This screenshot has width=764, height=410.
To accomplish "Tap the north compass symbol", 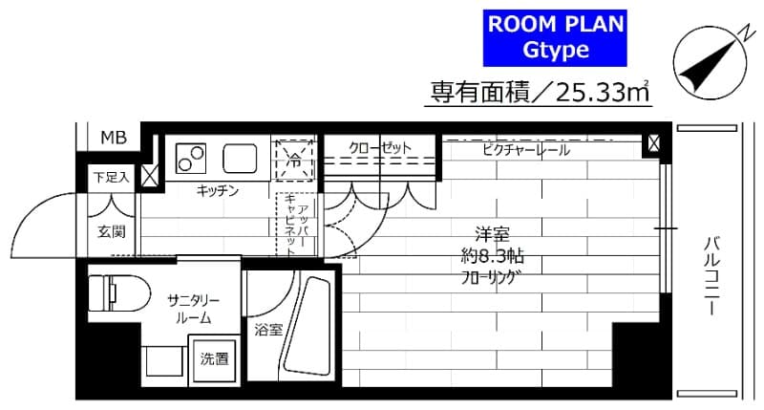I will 709,57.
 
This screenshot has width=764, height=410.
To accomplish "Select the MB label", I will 114,139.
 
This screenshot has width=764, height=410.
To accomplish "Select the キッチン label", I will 218,191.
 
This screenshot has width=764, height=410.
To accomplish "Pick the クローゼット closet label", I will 379,148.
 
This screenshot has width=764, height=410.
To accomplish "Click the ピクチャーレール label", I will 525,150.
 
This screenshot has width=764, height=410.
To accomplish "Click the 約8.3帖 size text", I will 494,257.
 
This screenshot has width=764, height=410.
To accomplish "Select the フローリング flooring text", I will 494,279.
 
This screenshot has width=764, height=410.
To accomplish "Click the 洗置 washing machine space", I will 214,359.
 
